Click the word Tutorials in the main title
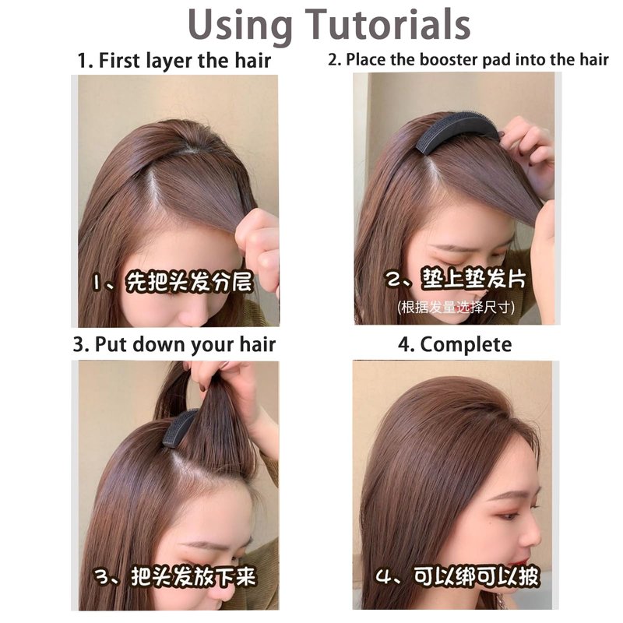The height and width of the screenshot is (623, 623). pyautogui.click(x=388, y=25)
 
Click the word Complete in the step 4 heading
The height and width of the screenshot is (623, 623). pyautogui.click(x=466, y=345)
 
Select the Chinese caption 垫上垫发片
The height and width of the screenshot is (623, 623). pyautogui.click(x=473, y=279)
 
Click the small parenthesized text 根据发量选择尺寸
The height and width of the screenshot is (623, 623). pyautogui.click(x=456, y=307)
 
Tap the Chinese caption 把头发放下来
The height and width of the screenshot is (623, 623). pyautogui.click(x=193, y=577)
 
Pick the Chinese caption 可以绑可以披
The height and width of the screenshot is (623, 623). pyautogui.click(x=476, y=576)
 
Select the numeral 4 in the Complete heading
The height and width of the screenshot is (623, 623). pyautogui.click(x=404, y=345)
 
